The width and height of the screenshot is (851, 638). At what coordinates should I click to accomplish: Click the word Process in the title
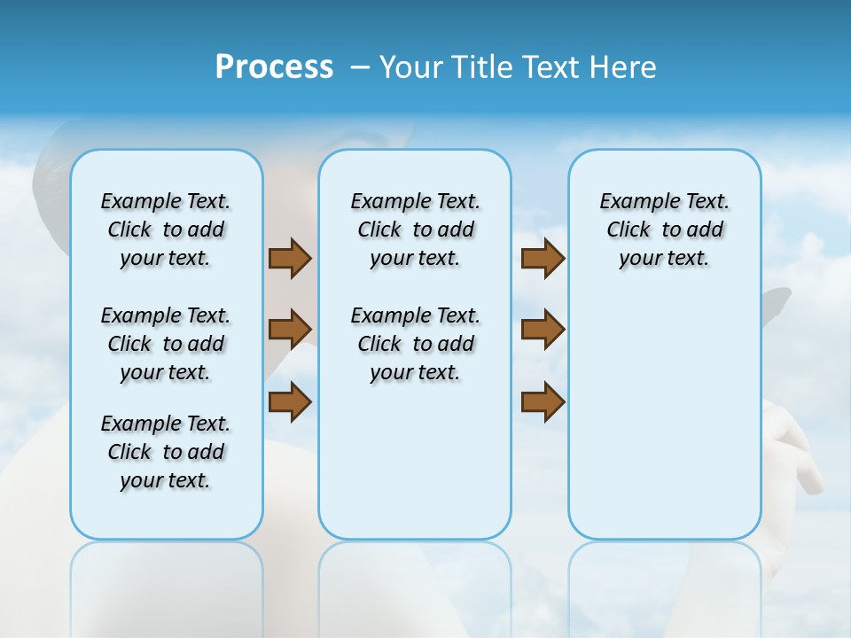click(x=274, y=67)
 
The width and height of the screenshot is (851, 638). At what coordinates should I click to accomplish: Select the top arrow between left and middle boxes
click(x=289, y=259)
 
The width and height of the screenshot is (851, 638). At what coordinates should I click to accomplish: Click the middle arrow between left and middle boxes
click(x=289, y=330)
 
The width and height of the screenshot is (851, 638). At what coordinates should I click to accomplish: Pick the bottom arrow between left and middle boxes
click(x=289, y=401)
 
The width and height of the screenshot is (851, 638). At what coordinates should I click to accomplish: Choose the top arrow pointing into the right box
click(x=543, y=259)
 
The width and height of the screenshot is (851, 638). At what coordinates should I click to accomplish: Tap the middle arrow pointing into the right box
click(x=543, y=330)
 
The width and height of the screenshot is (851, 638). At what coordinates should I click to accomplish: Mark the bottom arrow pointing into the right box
click(x=543, y=401)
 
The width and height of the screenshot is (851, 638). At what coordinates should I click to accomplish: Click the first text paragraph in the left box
click(x=166, y=230)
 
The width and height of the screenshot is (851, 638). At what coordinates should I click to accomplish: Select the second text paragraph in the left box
click(x=166, y=344)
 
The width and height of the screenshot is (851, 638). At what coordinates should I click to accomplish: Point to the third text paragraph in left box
click(x=166, y=452)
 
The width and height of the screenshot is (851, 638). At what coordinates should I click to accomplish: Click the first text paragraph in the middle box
click(x=415, y=230)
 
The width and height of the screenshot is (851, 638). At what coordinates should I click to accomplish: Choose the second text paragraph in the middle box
click(x=415, y=344)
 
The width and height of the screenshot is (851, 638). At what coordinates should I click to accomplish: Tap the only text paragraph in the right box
click(x=665, y=230)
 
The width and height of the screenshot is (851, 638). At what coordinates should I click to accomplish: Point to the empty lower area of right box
click(x=665, y=416)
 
